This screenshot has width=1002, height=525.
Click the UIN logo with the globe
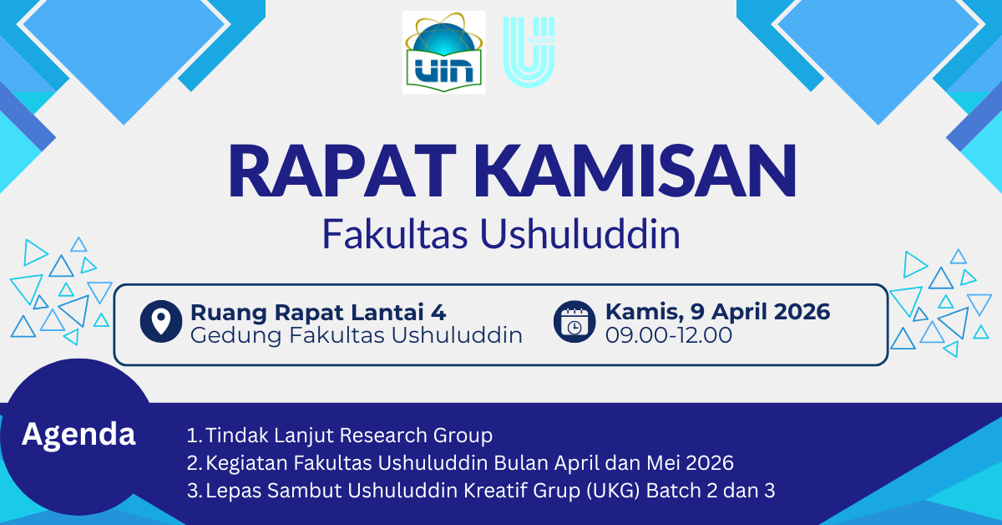[443, 52]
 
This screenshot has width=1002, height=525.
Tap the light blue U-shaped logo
[529, 52]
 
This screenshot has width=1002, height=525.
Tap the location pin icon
[161, 322]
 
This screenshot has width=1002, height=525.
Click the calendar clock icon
[574, 322]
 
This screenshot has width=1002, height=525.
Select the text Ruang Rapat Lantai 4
[318, 313]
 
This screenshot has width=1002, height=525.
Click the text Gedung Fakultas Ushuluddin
[357, 335]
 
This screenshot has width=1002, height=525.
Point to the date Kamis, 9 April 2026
[717, 312]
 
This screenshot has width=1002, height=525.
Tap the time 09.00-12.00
[668, 335]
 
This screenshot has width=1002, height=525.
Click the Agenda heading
[78, 434]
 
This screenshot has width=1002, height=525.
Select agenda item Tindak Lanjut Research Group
[349, 436]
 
